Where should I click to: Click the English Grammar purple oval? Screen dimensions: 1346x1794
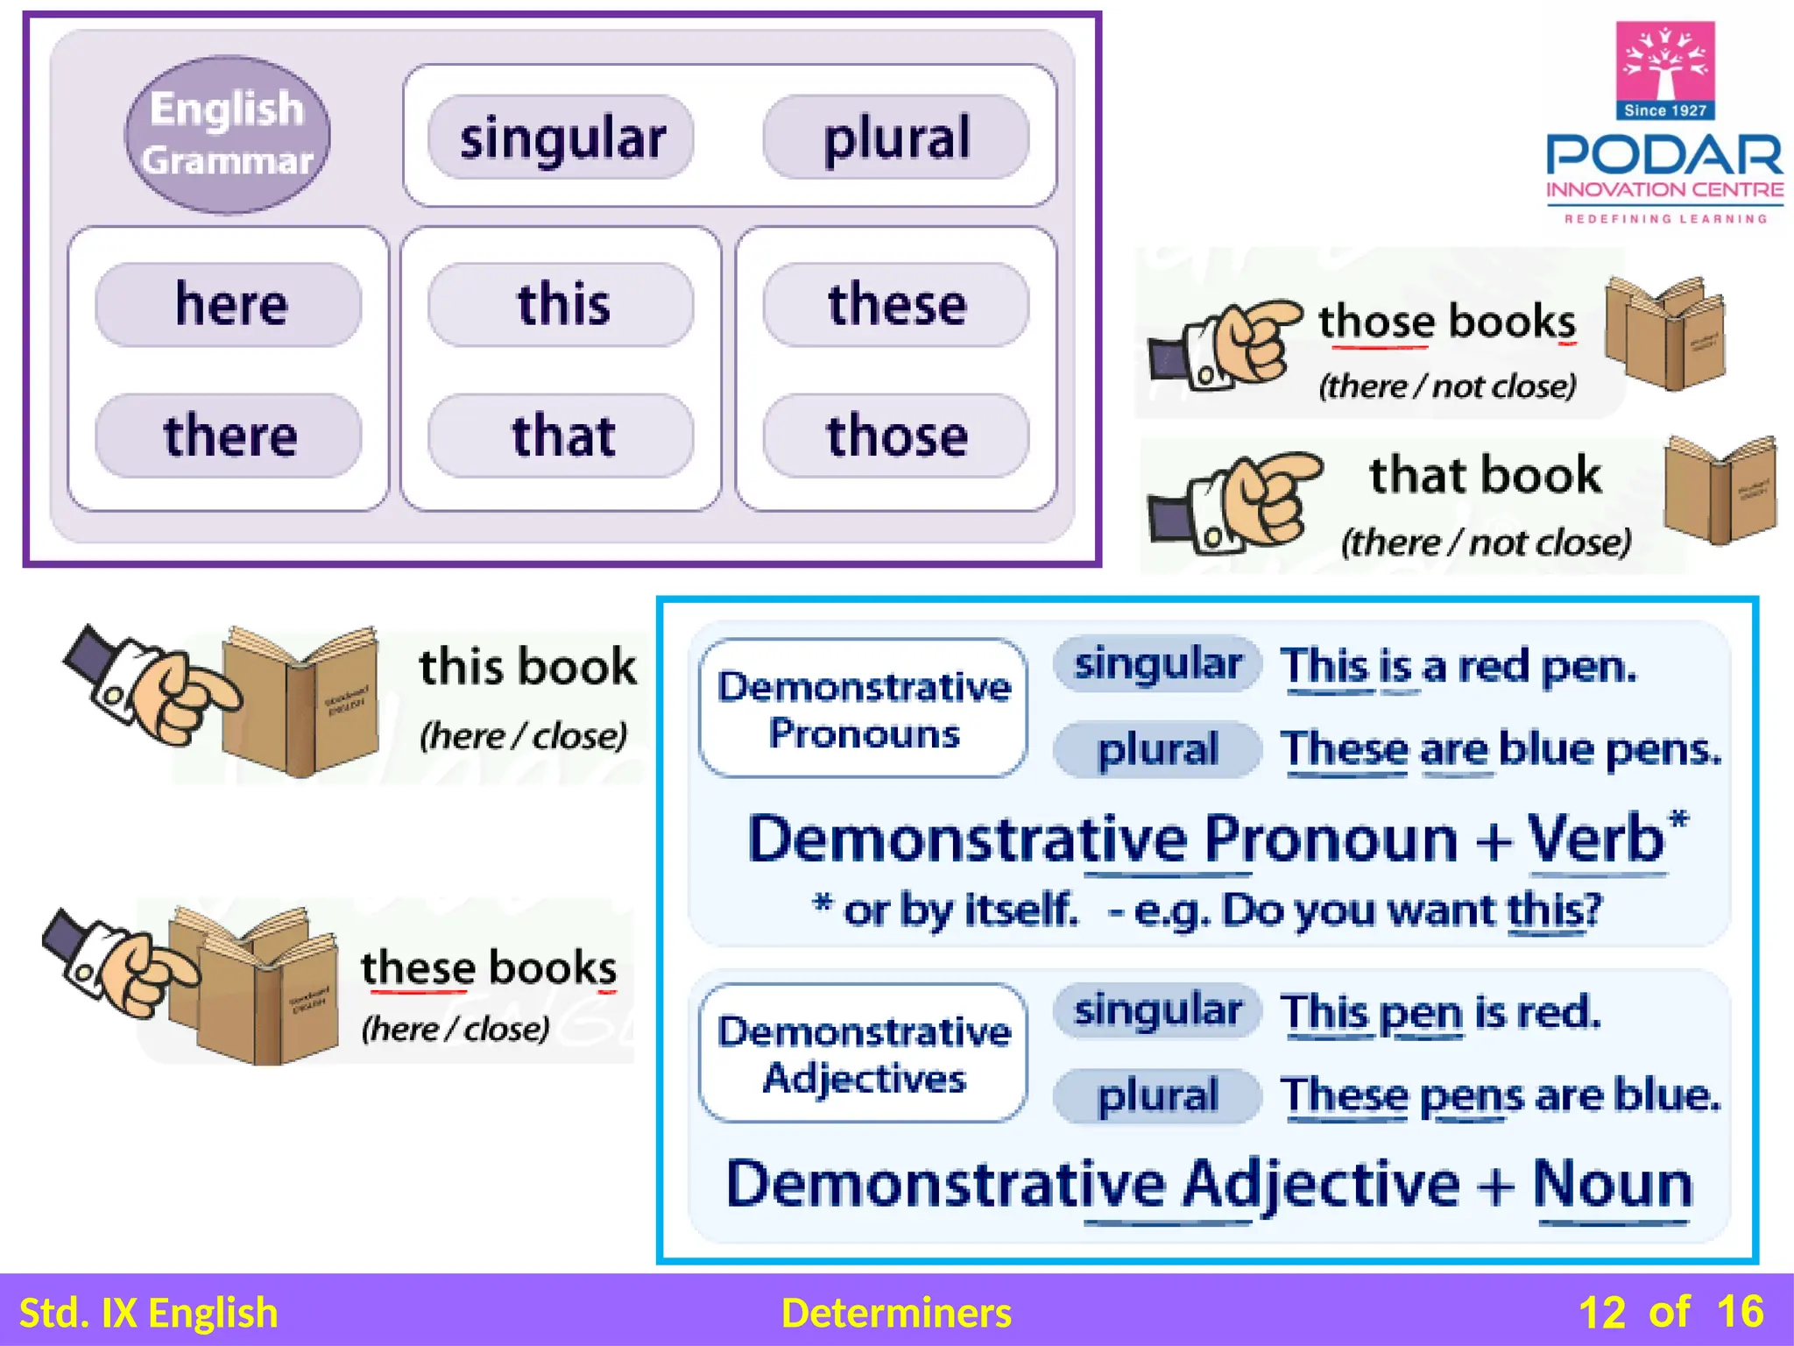(228, 135)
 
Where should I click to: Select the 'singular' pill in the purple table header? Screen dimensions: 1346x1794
(562, 138)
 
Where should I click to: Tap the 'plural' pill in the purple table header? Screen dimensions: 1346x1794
(896, 138)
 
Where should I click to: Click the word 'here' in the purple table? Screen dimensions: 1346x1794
(230, 304)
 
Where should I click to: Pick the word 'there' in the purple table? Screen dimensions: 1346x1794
(230, 436)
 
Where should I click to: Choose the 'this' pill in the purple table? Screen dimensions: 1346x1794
(562, 304)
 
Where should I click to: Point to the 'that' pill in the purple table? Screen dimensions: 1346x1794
(562, 436)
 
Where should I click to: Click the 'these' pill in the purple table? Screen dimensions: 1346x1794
(896, 304)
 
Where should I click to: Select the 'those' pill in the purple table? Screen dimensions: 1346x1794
(896, 436)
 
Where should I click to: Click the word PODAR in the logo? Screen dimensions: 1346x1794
(1664, 156)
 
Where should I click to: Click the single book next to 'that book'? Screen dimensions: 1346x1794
(1719, 491)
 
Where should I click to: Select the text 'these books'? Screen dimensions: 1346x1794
(489, 968)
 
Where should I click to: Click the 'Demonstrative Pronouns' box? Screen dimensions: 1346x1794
(863, 708)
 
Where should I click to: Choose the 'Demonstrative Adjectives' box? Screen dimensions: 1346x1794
(863, 1053)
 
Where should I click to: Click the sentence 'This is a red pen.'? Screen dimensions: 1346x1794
(1459, 666)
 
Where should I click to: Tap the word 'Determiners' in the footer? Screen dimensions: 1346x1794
(896, 1313)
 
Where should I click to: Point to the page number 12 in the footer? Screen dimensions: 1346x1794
(1601, 1313)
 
